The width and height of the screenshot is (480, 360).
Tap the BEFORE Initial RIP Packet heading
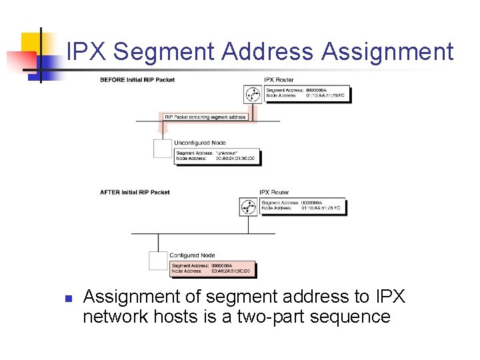137,80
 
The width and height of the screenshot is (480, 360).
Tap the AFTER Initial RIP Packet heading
135,192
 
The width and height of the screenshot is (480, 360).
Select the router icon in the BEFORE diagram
253,95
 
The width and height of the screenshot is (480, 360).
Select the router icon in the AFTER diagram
248,207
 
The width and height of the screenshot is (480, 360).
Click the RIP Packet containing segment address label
205,117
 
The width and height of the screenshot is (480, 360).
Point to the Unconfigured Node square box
163,147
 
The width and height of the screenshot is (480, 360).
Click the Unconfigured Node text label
200,143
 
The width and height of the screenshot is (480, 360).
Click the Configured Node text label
192,255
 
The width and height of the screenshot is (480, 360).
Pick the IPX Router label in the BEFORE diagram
279,80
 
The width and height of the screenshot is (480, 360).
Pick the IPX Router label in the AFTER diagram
274,192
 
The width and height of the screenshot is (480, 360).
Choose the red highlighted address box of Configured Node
212,269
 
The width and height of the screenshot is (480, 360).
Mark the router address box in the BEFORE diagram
307,93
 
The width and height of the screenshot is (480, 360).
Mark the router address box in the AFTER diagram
302,205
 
